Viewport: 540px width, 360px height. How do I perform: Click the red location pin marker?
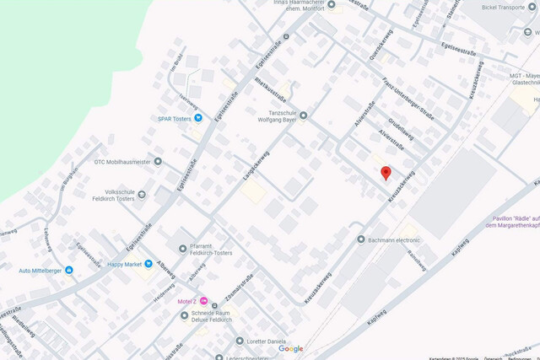coord(386,174)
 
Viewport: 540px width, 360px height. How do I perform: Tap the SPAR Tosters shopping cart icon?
coord(196,119)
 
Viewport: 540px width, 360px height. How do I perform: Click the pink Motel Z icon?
coord(202,301)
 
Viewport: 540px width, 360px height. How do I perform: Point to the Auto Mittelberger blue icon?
coord(68,271)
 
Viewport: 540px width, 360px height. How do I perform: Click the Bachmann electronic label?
coord(394,240)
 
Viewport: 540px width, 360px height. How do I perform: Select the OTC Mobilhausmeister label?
coord(122,161)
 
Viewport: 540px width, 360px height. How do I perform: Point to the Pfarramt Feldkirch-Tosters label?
coord(211,250)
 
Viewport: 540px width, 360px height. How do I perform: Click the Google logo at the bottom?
coord(291,349)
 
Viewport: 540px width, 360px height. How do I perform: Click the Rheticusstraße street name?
coord(271,94)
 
